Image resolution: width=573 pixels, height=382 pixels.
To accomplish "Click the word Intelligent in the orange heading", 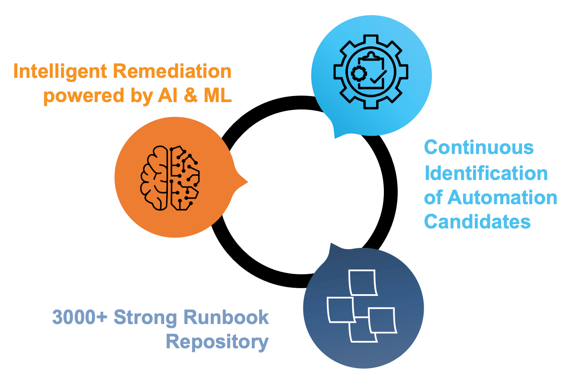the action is pos(60,72).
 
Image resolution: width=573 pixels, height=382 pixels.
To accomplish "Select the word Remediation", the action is pos(172,71).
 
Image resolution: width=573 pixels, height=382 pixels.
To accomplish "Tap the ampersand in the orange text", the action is pos(190,95).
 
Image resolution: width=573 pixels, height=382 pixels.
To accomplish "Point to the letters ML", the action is pos(218,95).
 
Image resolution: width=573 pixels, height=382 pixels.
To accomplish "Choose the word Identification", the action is pos(486,173).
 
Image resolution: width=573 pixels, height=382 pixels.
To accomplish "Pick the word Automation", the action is pos(502,197).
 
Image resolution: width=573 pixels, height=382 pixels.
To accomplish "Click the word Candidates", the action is pos(477,221).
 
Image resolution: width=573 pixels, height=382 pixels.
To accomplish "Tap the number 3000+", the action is pos(80,317).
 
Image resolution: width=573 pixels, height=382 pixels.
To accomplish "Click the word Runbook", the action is pos(226,317).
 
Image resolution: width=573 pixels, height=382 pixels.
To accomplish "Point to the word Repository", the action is pos(217,342).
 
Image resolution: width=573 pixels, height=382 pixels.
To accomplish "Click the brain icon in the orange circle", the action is pos(170,178).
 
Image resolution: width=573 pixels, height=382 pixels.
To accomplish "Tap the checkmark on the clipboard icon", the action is pos(378,77).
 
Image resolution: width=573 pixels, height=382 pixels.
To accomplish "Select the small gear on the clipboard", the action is pos(359,74).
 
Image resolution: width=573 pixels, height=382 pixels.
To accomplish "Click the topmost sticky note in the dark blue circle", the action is pos(363,282).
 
